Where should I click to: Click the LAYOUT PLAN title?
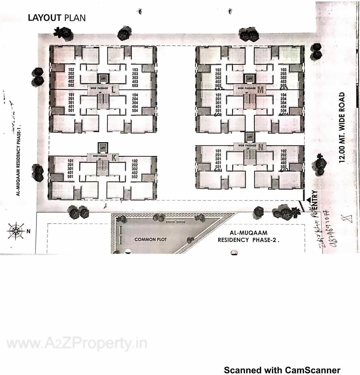point(57,18)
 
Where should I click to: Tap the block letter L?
point(114,90)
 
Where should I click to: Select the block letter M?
point(260,90)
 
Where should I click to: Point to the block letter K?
point(114,158)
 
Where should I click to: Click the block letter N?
point(261,147)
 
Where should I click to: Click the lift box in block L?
point(103,79)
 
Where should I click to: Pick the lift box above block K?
point(103,148)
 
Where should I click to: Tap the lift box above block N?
point(250,137)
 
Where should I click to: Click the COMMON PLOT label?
point(150,240)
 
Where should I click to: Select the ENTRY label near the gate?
point(314,200)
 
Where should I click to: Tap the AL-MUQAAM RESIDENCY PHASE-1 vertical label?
point(19,160)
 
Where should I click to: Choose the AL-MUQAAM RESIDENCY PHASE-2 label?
point(248,236)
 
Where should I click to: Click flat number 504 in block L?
point(135,111)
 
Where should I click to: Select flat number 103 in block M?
point(283,70)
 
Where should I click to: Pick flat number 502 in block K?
point(135,177)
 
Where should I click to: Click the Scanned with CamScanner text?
point(282,370)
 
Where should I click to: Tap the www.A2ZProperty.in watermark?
point(76,344)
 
